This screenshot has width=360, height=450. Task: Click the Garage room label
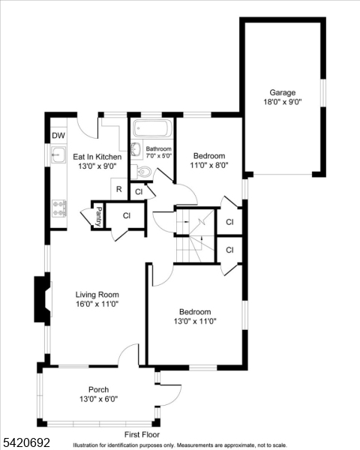click(x=282, y=93)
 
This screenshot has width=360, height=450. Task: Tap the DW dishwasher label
click(x=58, y=136)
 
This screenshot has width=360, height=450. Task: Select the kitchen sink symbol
click(x=58, y=156)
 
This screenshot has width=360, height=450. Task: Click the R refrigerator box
click(x=118, y=189)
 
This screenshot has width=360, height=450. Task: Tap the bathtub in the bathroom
click(x=152, y=130)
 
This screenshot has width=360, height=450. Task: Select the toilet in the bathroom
click(x=145, y=173)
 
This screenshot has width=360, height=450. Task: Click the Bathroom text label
click(x=158, y=148)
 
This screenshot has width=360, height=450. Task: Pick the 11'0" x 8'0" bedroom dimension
click(x=209, y=166)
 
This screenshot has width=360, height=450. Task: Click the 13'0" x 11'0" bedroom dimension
click(x=194, y=321)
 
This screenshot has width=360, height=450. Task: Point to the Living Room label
click(x=97, y=295)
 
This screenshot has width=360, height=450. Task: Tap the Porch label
click(x=98, y=389)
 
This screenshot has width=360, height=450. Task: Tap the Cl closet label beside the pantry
click(x=127, y=216)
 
